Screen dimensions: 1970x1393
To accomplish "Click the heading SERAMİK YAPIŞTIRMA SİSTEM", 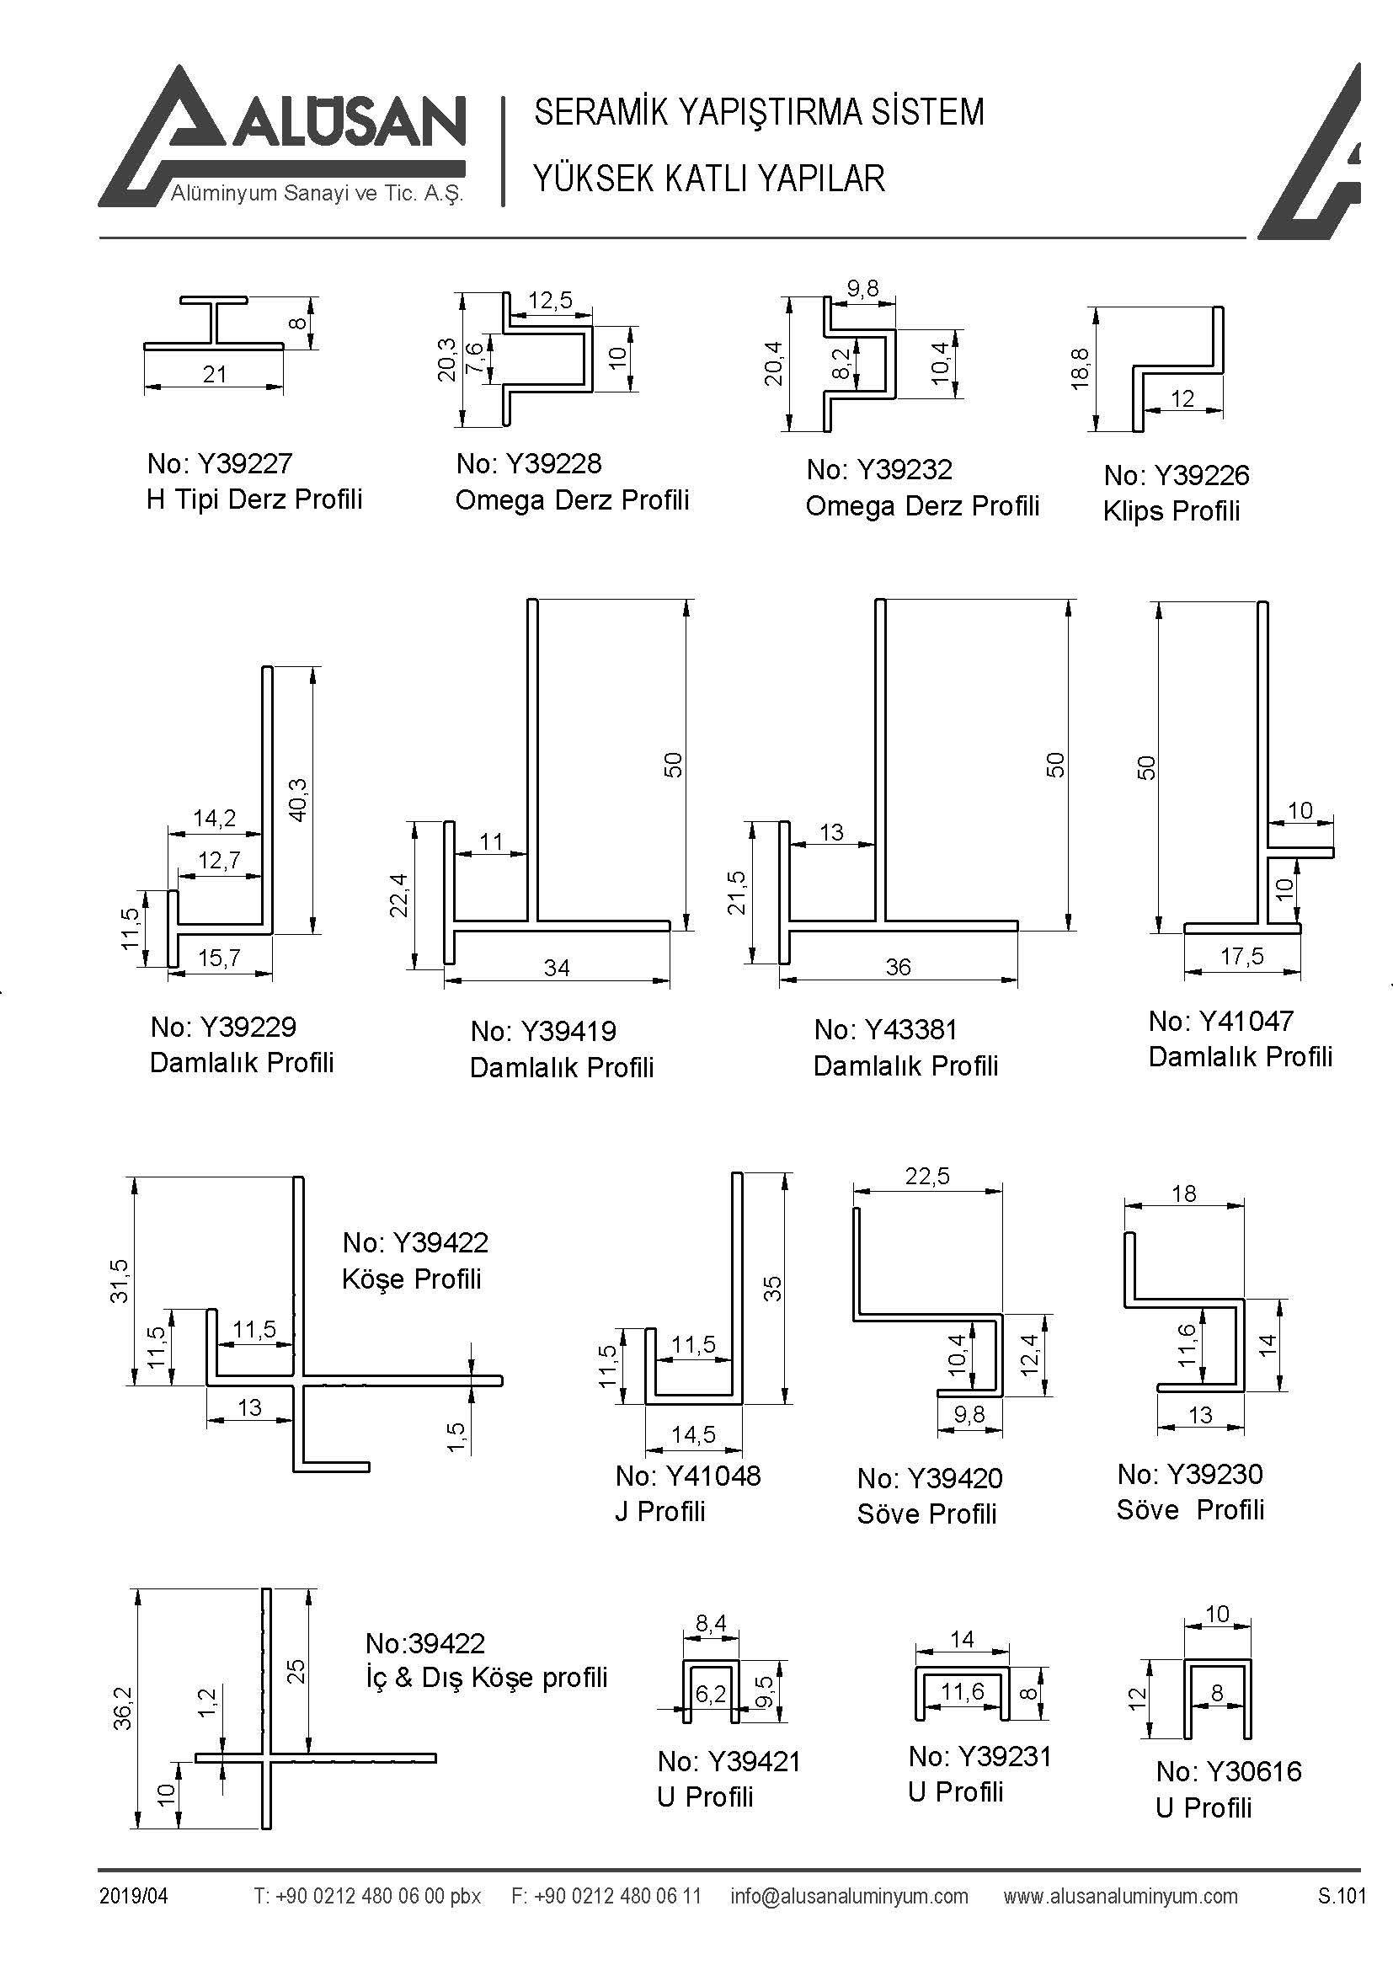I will [x=759, y=112].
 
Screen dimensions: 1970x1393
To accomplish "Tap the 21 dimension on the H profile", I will [x=215, y=374].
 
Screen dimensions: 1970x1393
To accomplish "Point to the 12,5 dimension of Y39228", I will [x=550, y=301].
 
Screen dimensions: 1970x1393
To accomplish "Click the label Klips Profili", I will [x=1172, y=511].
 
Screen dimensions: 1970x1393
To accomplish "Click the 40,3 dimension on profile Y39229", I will [x=297, y=799].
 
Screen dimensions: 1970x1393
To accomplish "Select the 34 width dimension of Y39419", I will [x=557, y=968].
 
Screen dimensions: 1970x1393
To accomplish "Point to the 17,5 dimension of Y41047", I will [x=1242, y=957].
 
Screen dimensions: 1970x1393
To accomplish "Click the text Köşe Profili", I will [x=412, y=1279].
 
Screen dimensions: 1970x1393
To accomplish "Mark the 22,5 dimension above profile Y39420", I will [x=927, y=1177].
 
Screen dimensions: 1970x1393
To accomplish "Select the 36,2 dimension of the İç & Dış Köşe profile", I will [x=123, y=1707].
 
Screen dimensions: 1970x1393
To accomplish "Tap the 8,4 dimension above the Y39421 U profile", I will [x=710, y=1622].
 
